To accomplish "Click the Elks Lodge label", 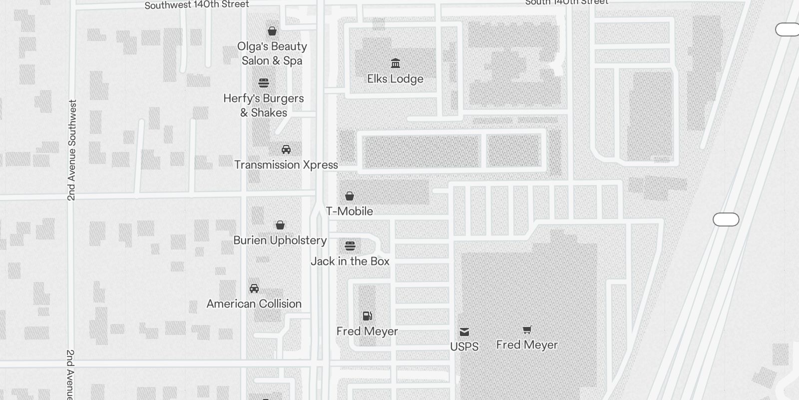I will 395,79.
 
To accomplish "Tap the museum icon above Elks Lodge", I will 396,63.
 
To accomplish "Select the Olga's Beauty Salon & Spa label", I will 272,53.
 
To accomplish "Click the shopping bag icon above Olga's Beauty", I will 272,31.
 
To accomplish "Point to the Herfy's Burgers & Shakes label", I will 264,105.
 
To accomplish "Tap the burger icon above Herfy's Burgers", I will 264,82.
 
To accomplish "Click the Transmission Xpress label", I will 286,165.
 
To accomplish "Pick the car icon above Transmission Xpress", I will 286,149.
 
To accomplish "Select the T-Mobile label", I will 350,211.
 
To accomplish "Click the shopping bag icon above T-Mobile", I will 350,195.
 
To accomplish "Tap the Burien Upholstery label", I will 280,240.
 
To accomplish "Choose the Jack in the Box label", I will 350,261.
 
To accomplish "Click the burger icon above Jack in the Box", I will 350,245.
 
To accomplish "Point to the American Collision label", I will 254,304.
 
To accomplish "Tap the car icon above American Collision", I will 254,288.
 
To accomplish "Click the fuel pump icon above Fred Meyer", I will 367,315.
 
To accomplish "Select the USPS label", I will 464,347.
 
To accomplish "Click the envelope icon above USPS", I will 464,331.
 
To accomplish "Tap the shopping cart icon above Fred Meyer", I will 527,329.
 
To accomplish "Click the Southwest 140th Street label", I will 197,5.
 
